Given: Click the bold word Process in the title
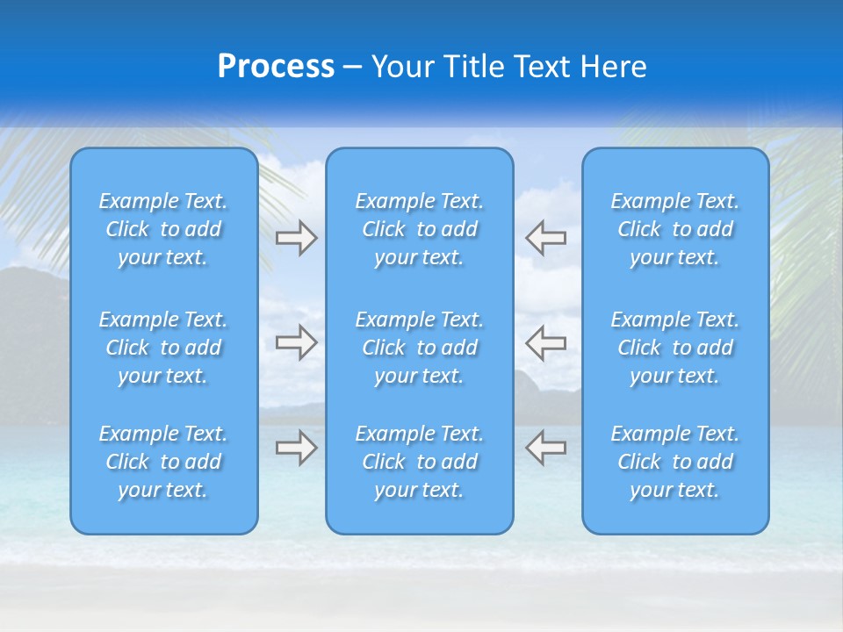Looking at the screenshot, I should click(x=276, y=67).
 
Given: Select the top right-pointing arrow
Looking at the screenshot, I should click(x=297, y=238).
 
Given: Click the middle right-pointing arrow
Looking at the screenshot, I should click(x=297, y=342).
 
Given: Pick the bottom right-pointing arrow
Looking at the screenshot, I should click(x=297, y=448).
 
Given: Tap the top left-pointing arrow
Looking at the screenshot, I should click(x=545, y=238).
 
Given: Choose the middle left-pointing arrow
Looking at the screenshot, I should click(x=545, y=342).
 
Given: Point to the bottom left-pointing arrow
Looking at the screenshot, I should click(x=545, y=448).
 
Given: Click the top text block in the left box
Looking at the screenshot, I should click(x=163, y=229).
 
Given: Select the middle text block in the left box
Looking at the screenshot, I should click(x=163, y=348).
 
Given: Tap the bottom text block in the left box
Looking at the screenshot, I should click(x=163, y=462).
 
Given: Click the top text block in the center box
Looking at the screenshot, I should click(x=420, y=229).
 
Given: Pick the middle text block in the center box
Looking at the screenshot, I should click(x=420, y=348).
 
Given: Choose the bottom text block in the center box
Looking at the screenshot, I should click(x=420, y=462).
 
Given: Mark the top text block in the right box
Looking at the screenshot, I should click(x=675, y=229).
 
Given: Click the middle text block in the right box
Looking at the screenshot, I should click(x=675, y=348).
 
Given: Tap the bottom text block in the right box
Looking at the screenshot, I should click(x=675, y=462).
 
